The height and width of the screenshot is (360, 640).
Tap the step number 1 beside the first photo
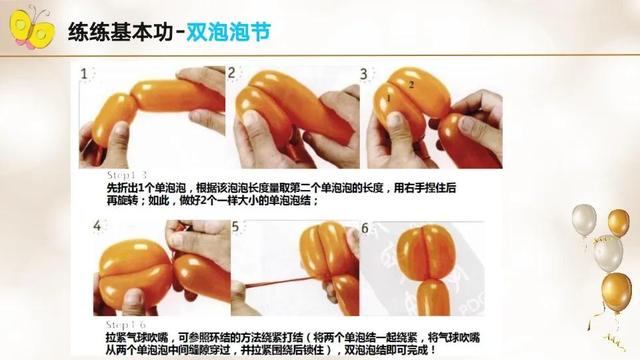[85, 74]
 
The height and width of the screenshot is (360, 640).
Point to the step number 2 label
[232, 73]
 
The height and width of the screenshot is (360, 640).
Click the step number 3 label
[365, 74]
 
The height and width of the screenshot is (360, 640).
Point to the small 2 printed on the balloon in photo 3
[410, 86]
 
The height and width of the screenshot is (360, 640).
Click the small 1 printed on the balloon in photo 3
[386, 98]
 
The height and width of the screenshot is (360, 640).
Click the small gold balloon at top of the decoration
[618, 222]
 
